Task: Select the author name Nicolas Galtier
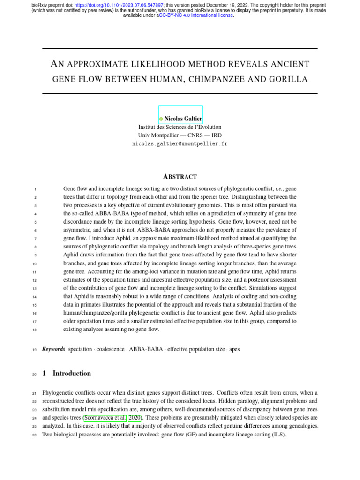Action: coord(183,119)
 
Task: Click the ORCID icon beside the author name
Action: coord(161,119)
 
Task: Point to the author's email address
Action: coord(180,144)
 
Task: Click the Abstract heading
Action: coord(180,177)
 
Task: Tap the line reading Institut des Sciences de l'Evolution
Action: coord(180,127)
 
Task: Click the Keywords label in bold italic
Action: coord(53,349)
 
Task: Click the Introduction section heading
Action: coord(72,374)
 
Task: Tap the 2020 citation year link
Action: coord(135,417)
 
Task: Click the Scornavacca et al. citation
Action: coord(105,417)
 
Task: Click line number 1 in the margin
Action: coord(36,189)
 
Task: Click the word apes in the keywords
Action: coord(234,349)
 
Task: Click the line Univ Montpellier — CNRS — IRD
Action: coord(180,135)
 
